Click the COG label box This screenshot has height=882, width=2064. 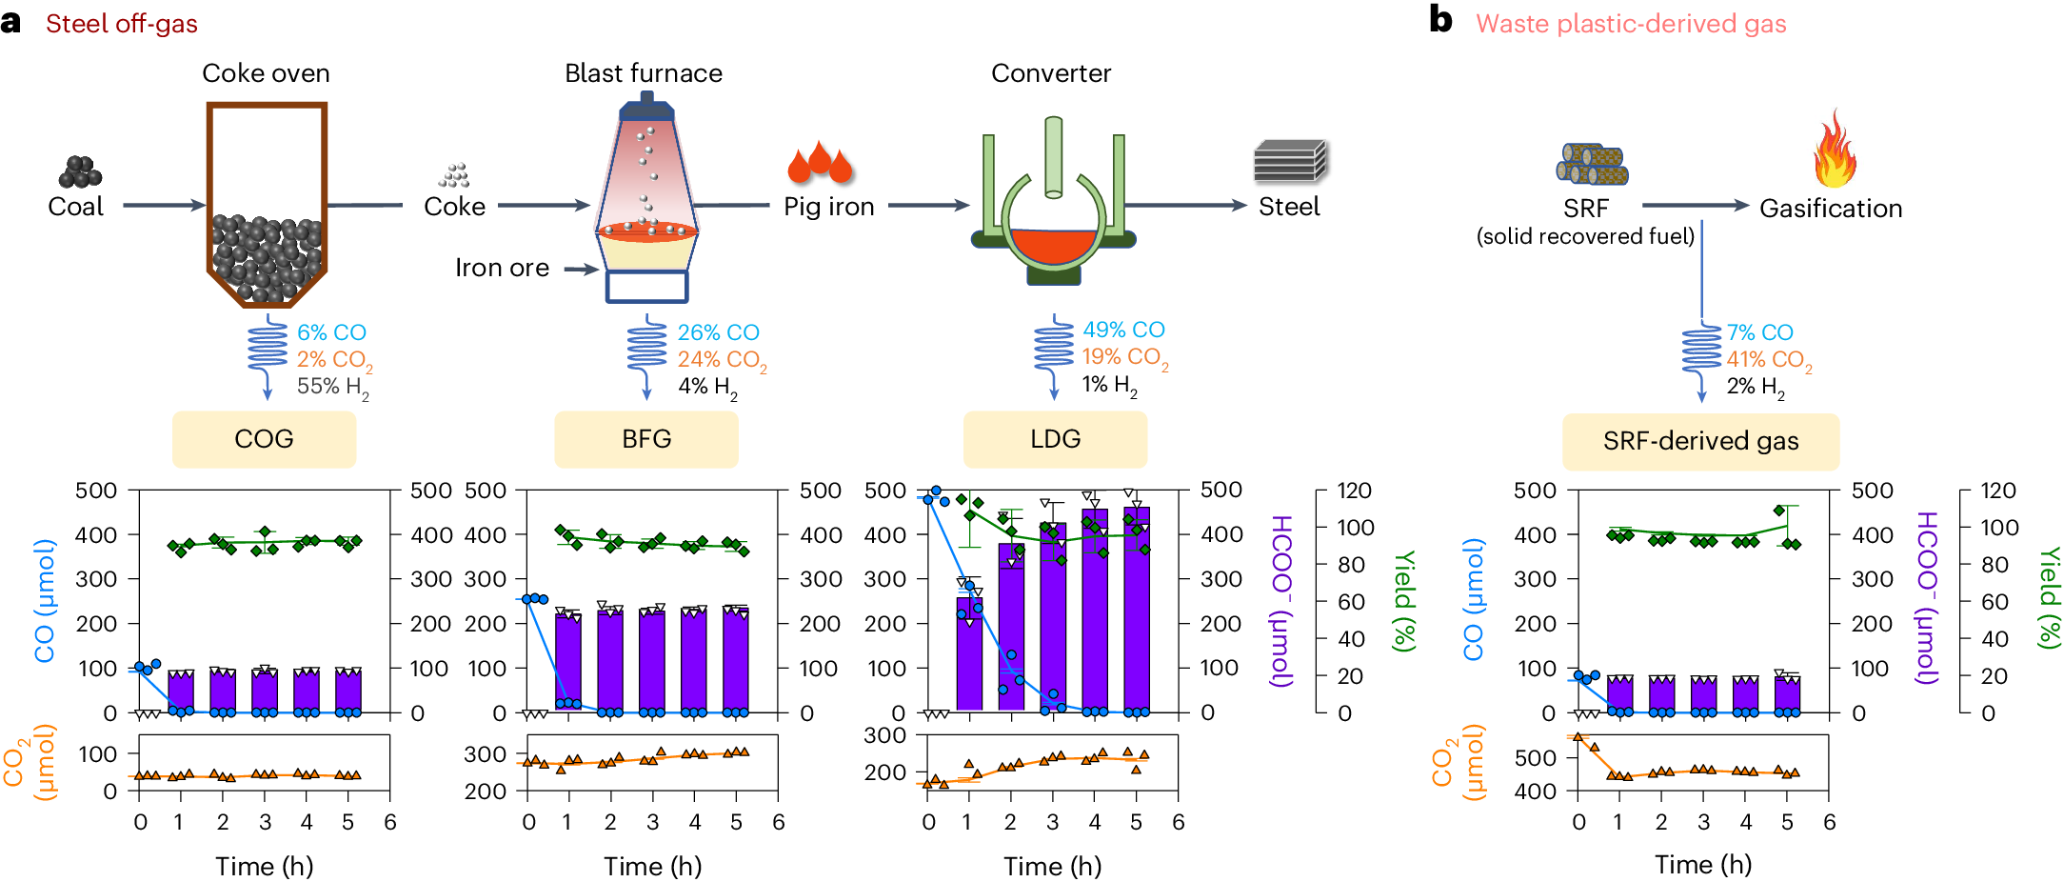264,439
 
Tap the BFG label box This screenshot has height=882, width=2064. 646,439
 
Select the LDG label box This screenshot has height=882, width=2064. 1055,439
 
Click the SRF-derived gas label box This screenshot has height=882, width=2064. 1700,441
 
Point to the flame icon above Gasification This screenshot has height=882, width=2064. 1834,150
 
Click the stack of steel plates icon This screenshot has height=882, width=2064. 1290,161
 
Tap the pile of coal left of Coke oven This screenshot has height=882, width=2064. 80,172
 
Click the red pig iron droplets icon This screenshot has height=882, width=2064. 819,163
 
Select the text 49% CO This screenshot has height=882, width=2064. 1123,330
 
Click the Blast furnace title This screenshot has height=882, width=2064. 643,73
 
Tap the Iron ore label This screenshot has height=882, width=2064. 502,268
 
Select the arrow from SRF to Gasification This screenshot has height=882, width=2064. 1695,205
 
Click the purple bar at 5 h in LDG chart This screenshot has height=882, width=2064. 1137,610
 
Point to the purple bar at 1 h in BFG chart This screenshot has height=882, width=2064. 568,657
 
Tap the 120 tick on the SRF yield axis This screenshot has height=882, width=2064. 1997,491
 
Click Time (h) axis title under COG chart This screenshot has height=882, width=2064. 264,866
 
